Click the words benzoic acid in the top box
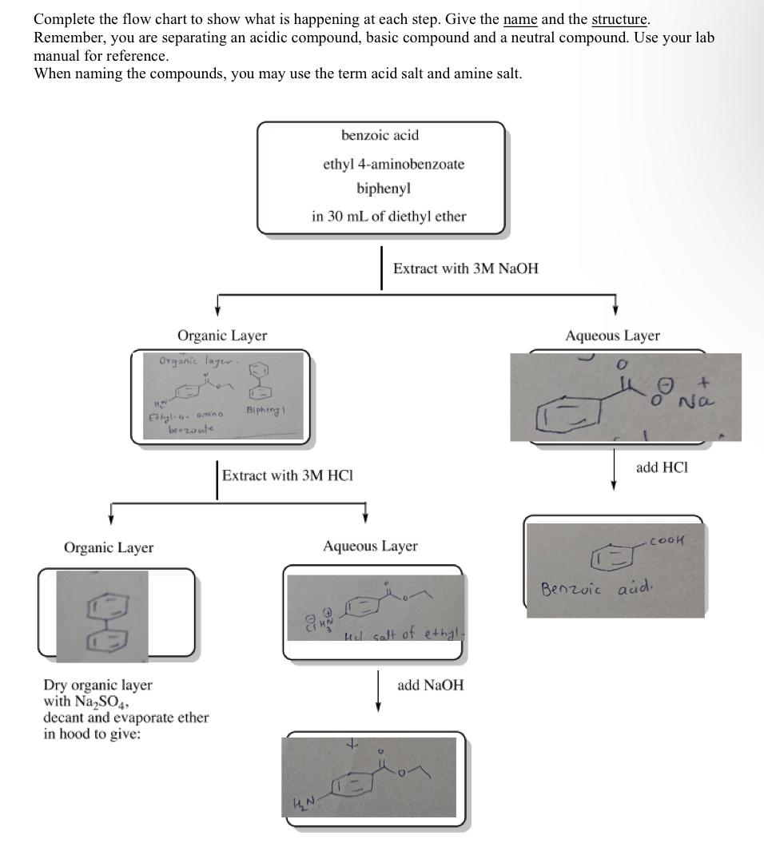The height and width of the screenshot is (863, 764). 380,135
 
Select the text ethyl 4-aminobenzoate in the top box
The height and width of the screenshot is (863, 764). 393,164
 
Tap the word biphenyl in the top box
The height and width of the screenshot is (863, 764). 384,189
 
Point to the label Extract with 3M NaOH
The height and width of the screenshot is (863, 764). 465,268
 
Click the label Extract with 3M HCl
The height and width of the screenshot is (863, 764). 288,475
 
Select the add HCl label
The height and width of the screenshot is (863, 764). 662,467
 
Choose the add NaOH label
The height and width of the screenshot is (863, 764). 430,686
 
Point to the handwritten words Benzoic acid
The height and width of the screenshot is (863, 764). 596,590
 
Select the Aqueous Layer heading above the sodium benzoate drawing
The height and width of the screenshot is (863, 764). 612,336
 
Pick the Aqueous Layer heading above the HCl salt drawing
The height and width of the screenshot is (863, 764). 370,547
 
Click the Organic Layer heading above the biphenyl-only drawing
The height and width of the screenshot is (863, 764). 109,547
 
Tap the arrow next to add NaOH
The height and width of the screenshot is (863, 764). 378,690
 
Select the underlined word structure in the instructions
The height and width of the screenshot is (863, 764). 619,19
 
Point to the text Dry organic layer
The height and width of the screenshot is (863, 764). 97,686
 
